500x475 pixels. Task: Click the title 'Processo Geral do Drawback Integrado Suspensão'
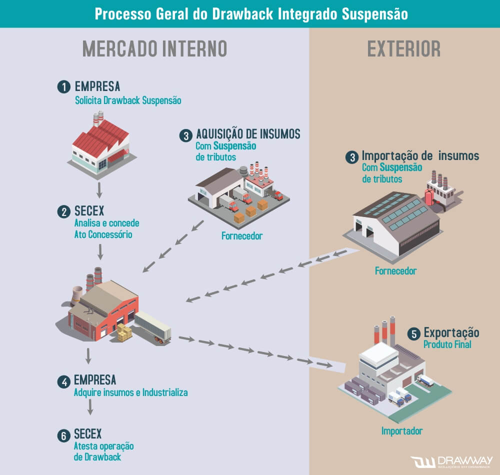[251, 13]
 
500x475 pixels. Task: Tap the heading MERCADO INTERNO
[154, 48]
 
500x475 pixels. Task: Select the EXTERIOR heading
[404, 48]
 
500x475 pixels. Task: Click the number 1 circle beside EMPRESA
[63, 87]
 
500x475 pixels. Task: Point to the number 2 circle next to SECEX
[63, 212]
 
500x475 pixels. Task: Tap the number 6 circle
[63, 435]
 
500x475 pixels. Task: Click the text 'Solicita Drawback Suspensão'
[128, 100]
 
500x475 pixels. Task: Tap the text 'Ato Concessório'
[103, 234]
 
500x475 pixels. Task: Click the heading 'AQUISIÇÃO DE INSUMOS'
[248, 134]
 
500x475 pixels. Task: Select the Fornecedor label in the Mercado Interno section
[242, 235]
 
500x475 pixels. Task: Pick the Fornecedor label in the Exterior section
[395, 271]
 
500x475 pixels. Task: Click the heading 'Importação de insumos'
[420, 156]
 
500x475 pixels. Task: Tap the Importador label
[402, 430]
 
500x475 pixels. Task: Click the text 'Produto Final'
[447, 344]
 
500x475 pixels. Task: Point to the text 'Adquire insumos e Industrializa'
[131, 392]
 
